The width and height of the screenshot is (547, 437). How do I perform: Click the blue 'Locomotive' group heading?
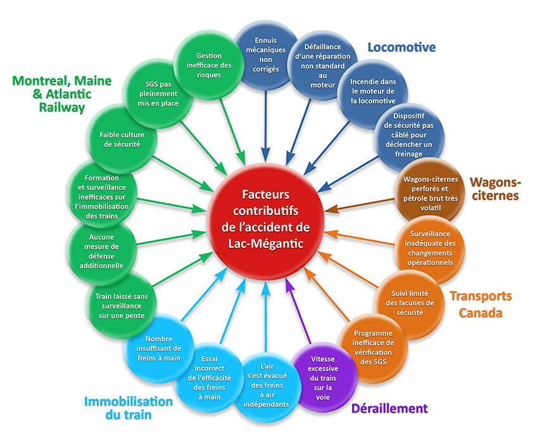click(401, 47)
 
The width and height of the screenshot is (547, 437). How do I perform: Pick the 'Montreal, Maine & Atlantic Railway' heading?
click(61, 94)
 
